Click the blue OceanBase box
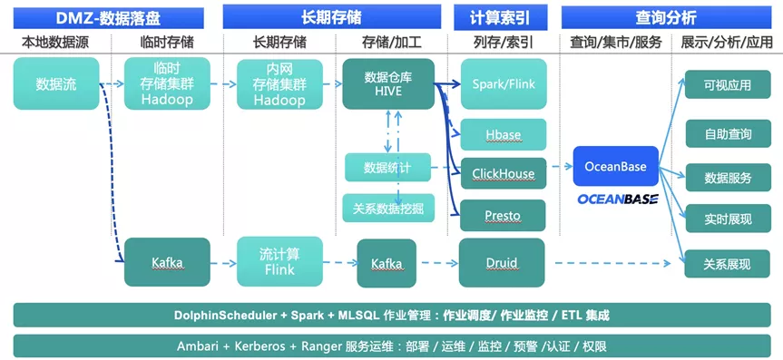coord(616,166)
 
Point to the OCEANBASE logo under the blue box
coord(618,199)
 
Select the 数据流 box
coord(56,83)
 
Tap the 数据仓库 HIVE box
coord(388,84)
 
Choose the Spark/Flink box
coord(504,83)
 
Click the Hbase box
coord(504,135)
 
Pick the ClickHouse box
coord(504,174)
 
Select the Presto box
coord(503,216)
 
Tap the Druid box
coord(502,263)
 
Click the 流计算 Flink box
coord(279,262)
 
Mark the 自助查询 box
coord(728,134)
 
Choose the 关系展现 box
coord(728,264)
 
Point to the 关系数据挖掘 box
coord(388,209)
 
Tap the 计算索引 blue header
coord(500,18)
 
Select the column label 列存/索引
coord(504,43)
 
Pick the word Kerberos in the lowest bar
coord(261,346)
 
